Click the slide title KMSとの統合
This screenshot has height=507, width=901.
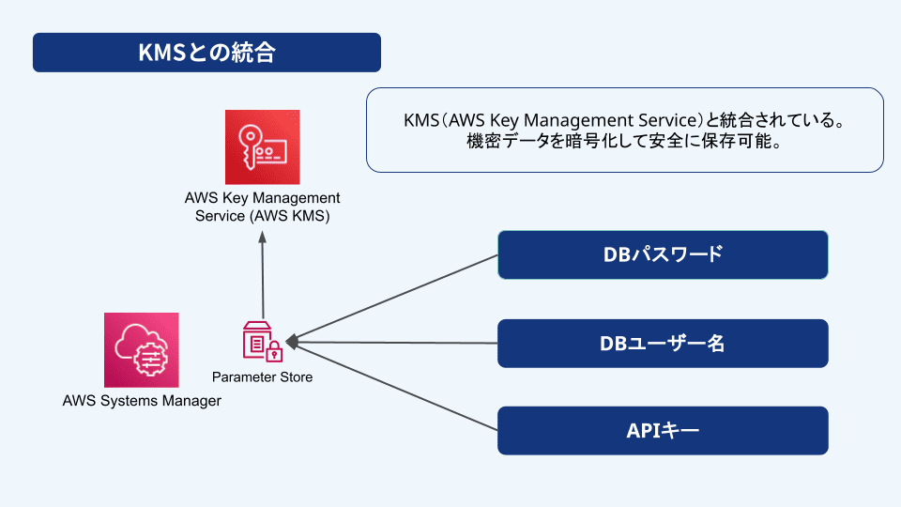coord(206,53)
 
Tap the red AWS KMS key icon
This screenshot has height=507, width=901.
coord(262,146)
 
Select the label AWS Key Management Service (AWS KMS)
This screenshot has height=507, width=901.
coord(262,207)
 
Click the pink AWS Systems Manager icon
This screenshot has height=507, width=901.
coord(141,350)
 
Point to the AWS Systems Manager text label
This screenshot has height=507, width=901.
coord(142,401)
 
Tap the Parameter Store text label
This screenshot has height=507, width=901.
coord(262,377)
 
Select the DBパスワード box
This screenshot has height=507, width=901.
coord(663,254)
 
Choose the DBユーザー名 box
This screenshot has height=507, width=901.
coord(663,343)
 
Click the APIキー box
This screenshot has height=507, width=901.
coord(663,431)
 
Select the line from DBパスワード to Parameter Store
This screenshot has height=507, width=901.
coord(394,298)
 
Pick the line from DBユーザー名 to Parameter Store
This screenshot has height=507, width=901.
coord(394,343)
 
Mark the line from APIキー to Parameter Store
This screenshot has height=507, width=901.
coord(394,385)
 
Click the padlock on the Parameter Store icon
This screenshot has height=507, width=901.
coord(274,352)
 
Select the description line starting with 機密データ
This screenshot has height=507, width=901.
coord(624,143)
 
